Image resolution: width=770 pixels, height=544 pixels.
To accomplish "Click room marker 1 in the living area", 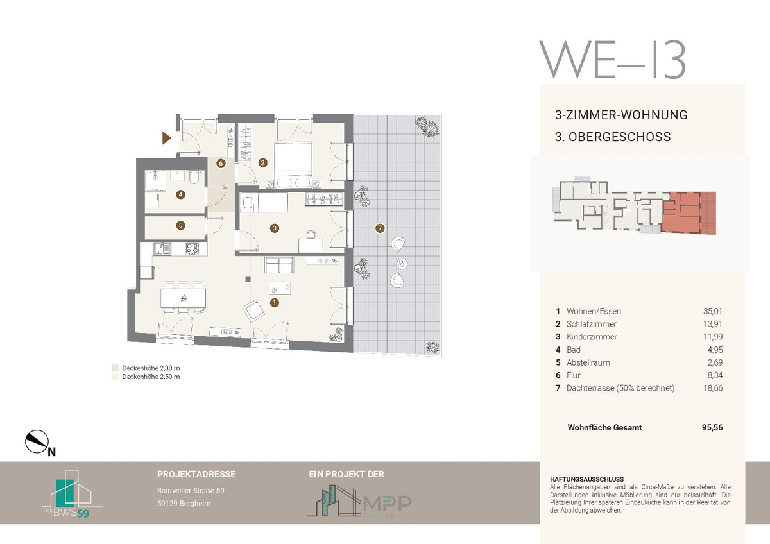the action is pyautogui.click(x=275, y=303).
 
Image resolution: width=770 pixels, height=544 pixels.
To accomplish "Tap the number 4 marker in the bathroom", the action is pyautogui.click(x=180, y=195).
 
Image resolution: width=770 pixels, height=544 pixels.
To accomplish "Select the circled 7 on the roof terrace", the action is pyautogui.click(x=380, y=228).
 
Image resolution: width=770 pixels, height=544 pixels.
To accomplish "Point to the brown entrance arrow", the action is pyautogui.click(x=167, y=138).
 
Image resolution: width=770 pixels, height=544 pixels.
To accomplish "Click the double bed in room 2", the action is pyautogui.click(x=293, y=160).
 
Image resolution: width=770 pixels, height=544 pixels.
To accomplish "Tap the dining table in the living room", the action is pyautogui.click(x=184, y=298).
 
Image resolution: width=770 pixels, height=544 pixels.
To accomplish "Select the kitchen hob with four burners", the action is pyautogui.click(x=192, y=248).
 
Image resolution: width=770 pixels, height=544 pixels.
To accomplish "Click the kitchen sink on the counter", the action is pyautogui.click(x=162, y=248).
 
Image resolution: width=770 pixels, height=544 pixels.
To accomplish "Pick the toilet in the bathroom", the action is pyautogui.click(x=194, y=178).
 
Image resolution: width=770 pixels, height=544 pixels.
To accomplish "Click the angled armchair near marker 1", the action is pyautogui.click(x=253, y=311).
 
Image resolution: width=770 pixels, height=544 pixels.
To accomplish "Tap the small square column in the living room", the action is pyautogui.click(x=248, y=280).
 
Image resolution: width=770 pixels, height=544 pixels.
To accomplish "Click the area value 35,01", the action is pyautogui.click(x=713, y=311).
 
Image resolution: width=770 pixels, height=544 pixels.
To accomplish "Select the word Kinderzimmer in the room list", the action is pyautogui.click(x=592, y=337).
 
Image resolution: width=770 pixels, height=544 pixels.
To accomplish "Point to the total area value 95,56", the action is pyautogui.click(x=712, y=427).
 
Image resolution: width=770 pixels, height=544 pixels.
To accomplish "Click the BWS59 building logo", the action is pyautogui.click(x=72, y=494).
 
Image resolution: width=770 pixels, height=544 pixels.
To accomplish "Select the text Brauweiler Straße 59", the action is pyautogui.click(x=191, y=491).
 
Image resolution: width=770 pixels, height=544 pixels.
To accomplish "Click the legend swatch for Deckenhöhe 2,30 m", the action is pyautogui.click(x=115, y=368).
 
